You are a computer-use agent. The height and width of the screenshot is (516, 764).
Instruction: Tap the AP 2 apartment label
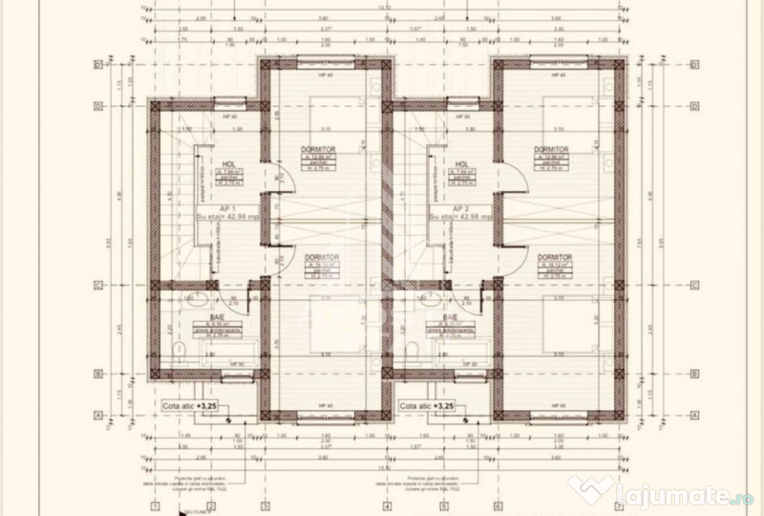click(461, 207)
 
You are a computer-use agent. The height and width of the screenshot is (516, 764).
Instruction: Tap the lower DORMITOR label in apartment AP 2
click(554, 258)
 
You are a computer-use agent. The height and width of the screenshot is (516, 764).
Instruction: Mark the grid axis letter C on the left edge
click(97, 284)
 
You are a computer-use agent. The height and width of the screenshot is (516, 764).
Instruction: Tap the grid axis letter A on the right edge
click(694, 415)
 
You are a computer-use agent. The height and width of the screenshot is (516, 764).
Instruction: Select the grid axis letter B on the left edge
click(97, 374)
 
